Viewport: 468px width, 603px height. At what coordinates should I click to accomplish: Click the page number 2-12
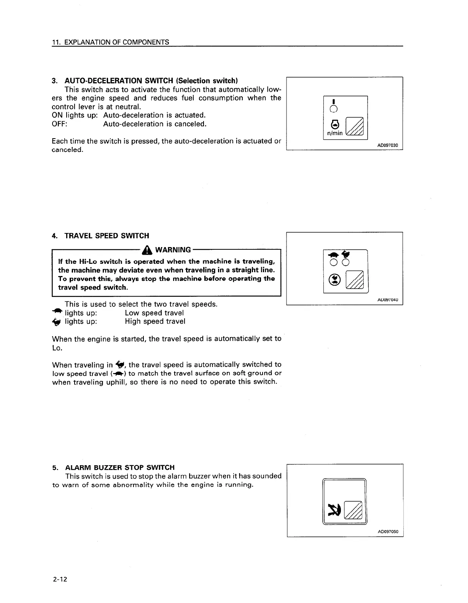click(60, 580)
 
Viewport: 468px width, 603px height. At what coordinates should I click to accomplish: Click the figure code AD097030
click(388, 145)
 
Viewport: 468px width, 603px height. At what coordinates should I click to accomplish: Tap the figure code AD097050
click(388, 531)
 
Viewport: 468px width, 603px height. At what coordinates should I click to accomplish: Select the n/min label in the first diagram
click(334, 133)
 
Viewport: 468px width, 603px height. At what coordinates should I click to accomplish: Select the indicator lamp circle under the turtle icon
click(333, 262)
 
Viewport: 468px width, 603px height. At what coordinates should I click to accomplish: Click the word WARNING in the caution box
click(173, 250)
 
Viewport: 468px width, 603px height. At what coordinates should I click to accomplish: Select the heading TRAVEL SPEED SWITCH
click(107, 236)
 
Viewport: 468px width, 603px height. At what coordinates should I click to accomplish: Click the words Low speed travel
click(154, 313)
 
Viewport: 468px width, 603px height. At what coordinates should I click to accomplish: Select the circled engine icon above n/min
click(334, 124)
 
